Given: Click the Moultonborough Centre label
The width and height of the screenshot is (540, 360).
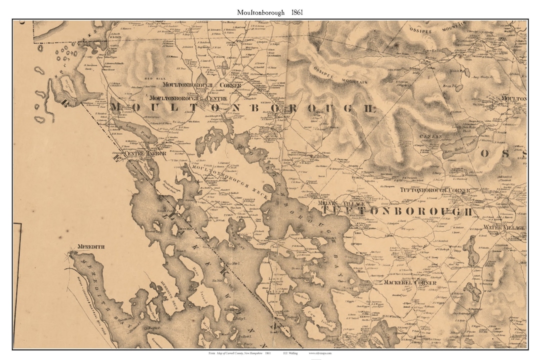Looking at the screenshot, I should pyautogui.click(x=188, y=98).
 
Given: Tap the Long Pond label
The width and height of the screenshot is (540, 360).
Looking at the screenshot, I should pyautogui.click(x=135, y=126).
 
